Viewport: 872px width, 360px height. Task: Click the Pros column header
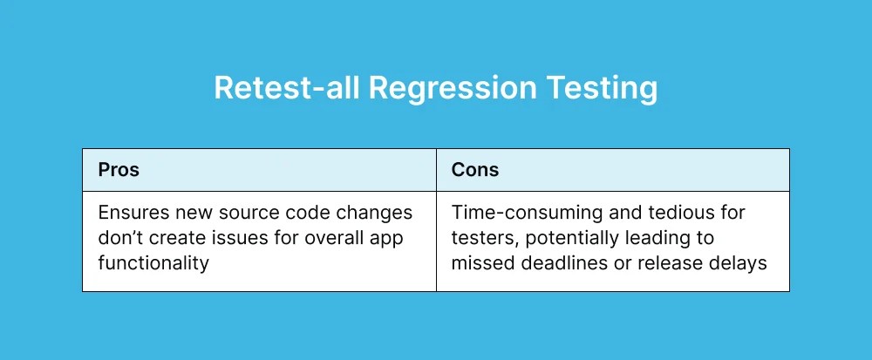[119, 170]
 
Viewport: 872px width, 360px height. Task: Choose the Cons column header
[474, 170]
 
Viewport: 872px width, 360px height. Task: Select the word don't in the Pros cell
[119, 238]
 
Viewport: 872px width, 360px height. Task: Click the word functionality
[153, 262]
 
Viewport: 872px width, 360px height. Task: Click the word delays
[742, 262]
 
